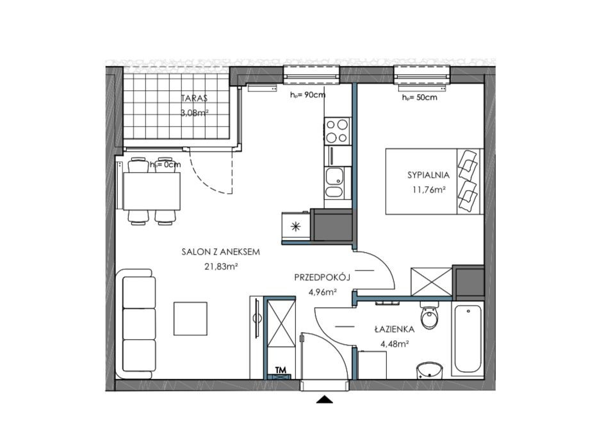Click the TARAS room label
pyautogui.click(x=194, y=98)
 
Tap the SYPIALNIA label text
pyautogui.click(x=429, y=175)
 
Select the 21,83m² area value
pyautogui.click(x=221, y=266)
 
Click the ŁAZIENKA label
pyautogui.click(x=395, y=330)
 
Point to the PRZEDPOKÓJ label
pyautogui.click(x=322, y=277)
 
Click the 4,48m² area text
pyautogui.click(x=395, y=344)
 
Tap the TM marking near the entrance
pyautogui.click(x=281, y=370)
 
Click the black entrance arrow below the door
pyautogui.click(x=324, y=399)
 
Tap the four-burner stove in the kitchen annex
pyautogui.click(x=338, y=131)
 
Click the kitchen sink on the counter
pyautogui.click(x=334, y=182)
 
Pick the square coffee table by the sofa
pyautogui.click(x=190, y=319)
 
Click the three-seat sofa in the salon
pyautogui.click(x=136, y=324)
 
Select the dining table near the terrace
pyautogui.click(x=152, y=191)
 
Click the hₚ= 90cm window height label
pyautogui.click(x=307, y=95)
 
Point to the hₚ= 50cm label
pyautogui.click(x=420, y=98)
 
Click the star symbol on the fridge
pyautogui.click(x=295, y=227)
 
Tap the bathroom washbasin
pyautogui.click(x=430, y=370)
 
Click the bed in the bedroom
pyautogui.click(x=434, y=181)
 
